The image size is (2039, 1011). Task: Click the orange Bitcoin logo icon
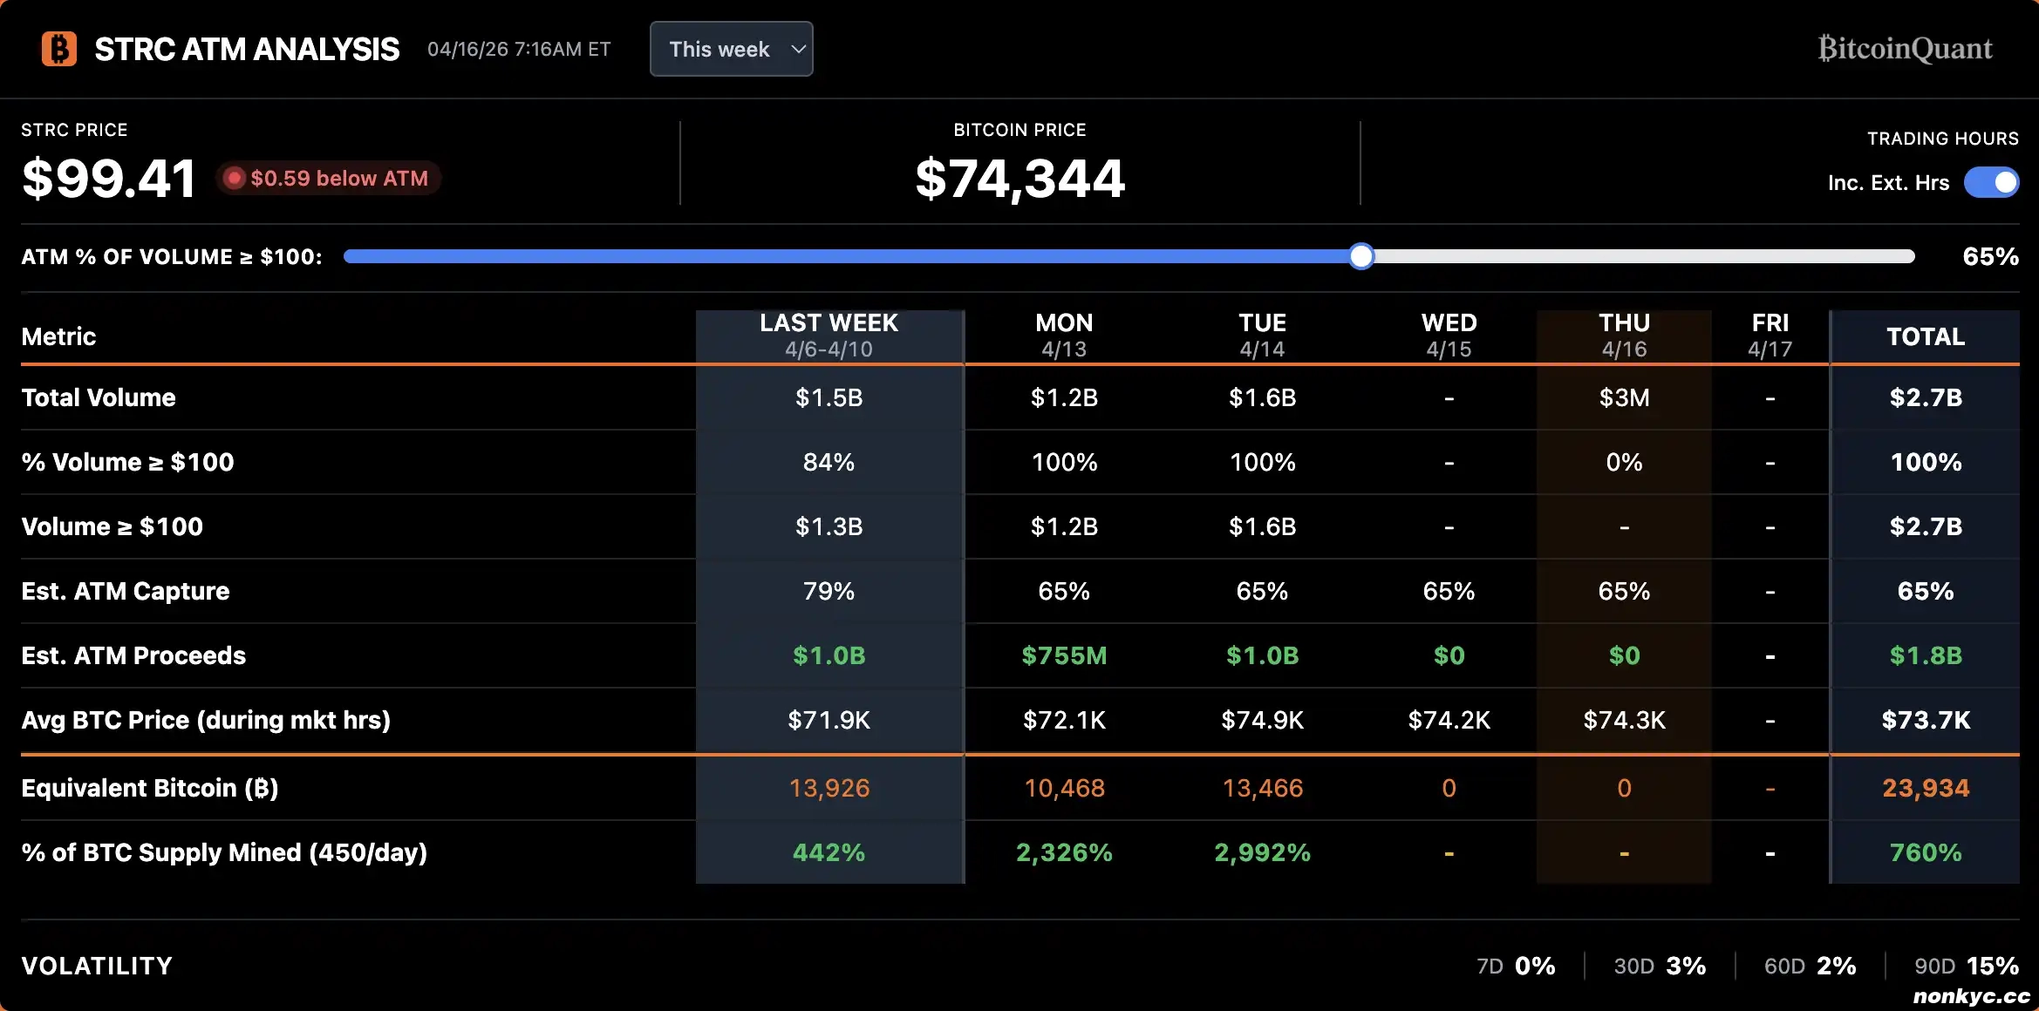(x=59, y=49)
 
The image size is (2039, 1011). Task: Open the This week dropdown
(x=731, y=49)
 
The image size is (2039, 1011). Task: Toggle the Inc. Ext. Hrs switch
(x=1991, y=182)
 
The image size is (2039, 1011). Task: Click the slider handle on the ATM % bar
(x=1360, y=256)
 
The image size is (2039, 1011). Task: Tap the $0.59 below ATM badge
(x=329, y=179)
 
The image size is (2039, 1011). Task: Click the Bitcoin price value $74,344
(x=1019, y=179)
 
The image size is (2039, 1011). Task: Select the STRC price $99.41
(x=109, y=179)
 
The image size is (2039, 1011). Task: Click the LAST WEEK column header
(x=829, y=336)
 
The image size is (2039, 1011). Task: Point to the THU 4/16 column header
(x=1623, y=336)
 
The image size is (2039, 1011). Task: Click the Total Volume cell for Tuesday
(x=1262, y=397)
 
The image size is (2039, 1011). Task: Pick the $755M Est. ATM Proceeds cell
(x=1064, y=655)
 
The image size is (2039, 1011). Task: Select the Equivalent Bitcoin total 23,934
(x=1925, y=788)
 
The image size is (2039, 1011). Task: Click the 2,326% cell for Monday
(x=1064, y=852)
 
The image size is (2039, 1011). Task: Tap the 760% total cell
(x=1925, y=852)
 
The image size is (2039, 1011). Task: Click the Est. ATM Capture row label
(x=126, y=591)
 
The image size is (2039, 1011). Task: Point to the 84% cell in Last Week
(x=829, y=462)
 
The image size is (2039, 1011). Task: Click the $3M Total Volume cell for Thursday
(x=1623, y=397)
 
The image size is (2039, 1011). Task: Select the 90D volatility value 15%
(x=1992, y=966)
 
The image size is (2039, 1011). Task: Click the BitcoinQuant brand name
(x=1905, y=49)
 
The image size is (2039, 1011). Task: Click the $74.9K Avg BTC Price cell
(x=1262, y=720)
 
